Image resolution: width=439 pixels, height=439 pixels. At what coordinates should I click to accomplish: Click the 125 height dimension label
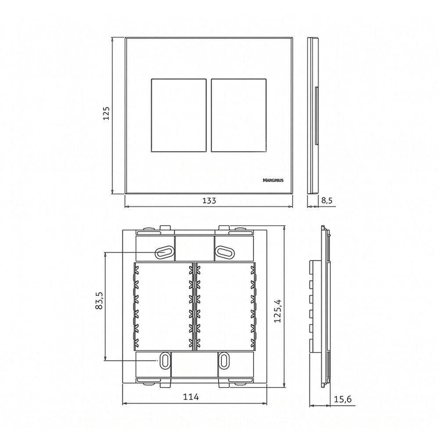click(x=106, y=113)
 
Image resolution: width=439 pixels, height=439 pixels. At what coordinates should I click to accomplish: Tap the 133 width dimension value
click(x=209, y=201)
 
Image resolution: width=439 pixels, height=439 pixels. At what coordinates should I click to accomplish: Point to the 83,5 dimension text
click(x=99, y=300)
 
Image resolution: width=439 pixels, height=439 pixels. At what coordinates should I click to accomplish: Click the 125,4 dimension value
click(x=277, y=311)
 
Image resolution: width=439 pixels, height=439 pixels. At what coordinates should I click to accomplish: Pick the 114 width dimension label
click(x=191, y=397)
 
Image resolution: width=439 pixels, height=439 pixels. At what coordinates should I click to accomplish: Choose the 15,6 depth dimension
click(x=343, y=399)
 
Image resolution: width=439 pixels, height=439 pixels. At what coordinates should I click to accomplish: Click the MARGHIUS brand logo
click(x=273, y=180)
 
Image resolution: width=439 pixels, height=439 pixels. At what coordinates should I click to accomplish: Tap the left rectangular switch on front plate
click(x=179, y=115)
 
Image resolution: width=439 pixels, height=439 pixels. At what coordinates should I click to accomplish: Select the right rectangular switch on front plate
click(x=238, y=115)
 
